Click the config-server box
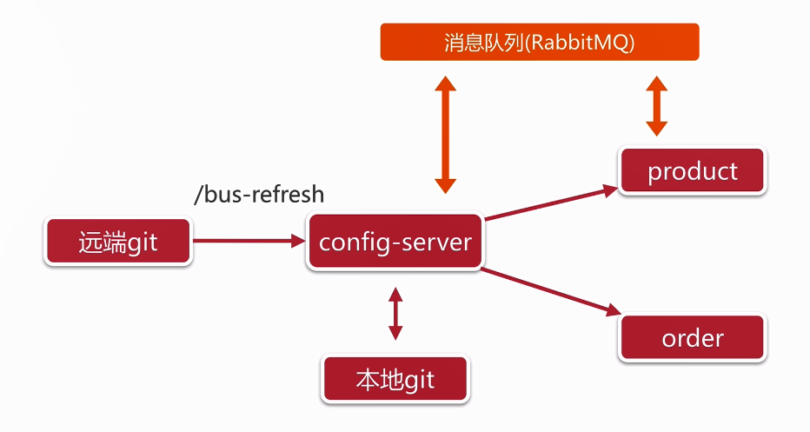[x=395, y=241]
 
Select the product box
[x=693, y=171]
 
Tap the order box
[x=693, y=337]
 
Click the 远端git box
[x=118, y=241]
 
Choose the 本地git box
[x=395, y=380]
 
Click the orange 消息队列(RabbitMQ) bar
[x=540, y=43]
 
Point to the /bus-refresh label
[x=259, y=195]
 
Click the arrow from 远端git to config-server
[x=248, y=241]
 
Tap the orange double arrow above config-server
[x=445, y=134]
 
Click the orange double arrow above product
[x=657, y=106]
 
